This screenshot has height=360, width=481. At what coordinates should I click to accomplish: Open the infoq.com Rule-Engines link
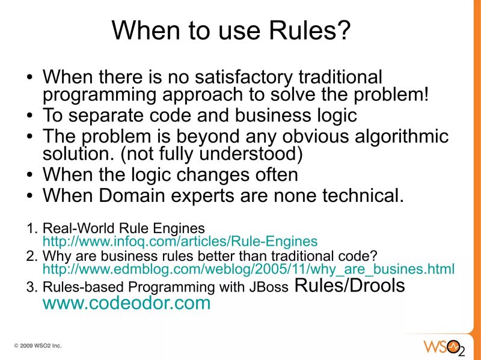click(180, 242)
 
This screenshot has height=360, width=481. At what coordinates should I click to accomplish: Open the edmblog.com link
click(248, 268)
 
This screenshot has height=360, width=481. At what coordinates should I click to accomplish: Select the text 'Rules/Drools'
click(350, 285)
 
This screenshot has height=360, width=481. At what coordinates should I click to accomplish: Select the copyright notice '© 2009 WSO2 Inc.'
click(38, 346)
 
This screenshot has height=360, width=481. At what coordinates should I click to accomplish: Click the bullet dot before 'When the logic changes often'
click(31, 175)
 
